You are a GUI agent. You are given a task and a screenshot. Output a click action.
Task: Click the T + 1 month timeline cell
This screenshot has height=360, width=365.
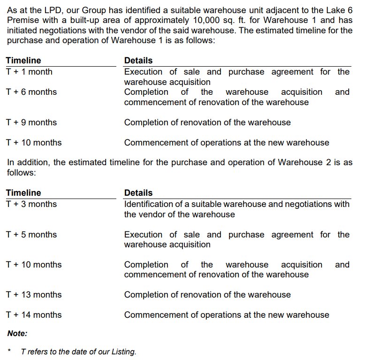point(29,72)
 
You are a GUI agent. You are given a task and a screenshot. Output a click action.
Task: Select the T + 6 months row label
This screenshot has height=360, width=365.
point(31,92)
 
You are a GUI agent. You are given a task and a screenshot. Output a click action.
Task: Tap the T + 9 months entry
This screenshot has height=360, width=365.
point(31,123)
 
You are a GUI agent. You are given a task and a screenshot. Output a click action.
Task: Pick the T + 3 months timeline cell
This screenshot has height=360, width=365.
point(31,204)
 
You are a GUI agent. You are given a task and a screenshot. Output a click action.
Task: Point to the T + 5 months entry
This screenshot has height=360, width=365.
point(31,235)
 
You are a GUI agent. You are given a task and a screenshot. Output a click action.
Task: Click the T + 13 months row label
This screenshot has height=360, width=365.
point(33,295)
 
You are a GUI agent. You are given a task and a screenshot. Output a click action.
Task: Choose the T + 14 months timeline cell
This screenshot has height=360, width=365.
point(33,315)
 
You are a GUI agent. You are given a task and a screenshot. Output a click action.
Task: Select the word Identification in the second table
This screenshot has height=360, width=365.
point(149,204)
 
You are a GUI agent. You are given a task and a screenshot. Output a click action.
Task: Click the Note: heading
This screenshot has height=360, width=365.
point(17,334)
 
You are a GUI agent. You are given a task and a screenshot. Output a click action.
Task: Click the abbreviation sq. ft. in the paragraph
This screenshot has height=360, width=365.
point(244,20)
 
